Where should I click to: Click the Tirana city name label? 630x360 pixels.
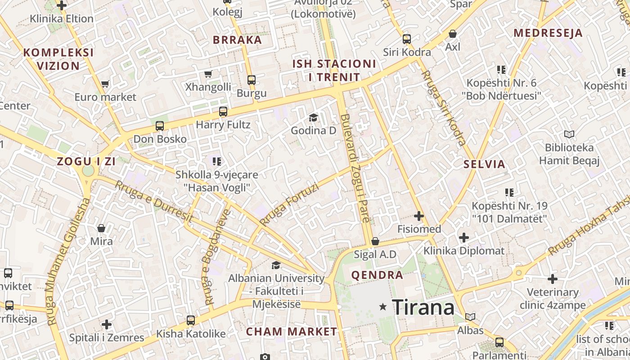coord(423,308)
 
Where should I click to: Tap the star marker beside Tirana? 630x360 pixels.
coord(383,307)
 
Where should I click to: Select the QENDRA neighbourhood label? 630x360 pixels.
coord(377,275)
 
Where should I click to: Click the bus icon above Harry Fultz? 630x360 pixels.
coord(223,112)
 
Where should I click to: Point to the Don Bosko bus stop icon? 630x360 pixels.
coord(160,126)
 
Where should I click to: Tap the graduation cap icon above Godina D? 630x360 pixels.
coord(313,118)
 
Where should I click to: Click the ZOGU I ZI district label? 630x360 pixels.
coord(86,162)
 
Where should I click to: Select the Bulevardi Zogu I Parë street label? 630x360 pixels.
coord(355,169)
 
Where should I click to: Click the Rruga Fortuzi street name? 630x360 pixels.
coord(289,204)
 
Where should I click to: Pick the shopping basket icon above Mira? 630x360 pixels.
coord(101,228)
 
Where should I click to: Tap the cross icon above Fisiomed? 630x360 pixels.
coord(419,216)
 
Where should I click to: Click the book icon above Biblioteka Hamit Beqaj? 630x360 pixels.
coord(569,134)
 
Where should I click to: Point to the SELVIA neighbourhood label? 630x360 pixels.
coord(485,164)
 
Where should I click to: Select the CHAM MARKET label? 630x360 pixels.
coord(292,332)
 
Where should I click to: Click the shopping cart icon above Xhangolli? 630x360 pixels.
coord(208,74)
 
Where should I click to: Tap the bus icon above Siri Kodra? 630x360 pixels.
coord(407,39)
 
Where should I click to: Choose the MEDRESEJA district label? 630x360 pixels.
coord(548,33)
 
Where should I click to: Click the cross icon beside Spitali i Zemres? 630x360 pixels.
coord(107,324)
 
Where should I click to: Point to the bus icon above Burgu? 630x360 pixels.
coord(252,80)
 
